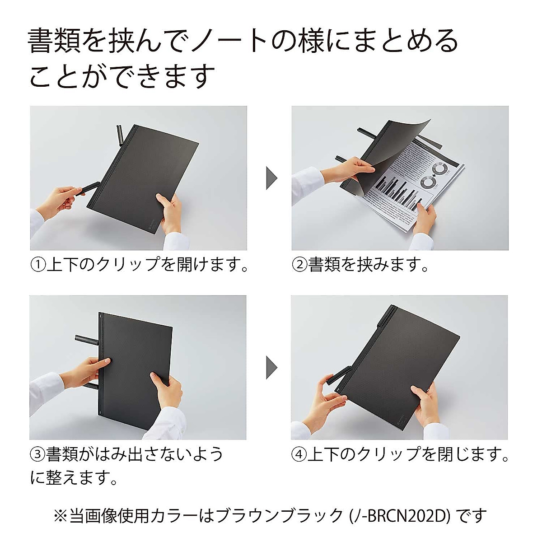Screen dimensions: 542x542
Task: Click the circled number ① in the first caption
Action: (38, 265)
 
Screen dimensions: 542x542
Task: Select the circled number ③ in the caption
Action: (38, 454)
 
